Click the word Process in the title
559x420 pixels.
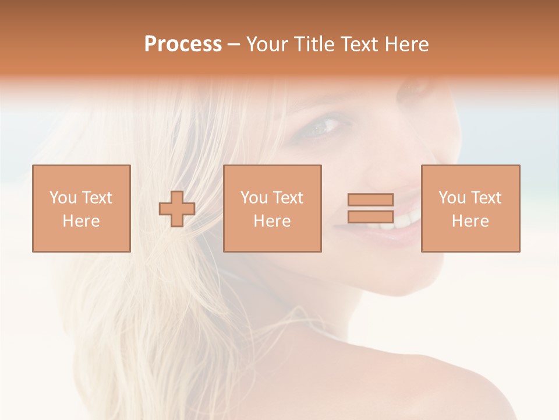point(183,44)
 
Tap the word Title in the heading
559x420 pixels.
point(313,44)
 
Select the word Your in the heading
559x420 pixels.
point(267,44)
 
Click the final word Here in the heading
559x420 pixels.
point(406,44)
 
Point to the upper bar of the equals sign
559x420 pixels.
point(370,199)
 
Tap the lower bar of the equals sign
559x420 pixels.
point(370,216)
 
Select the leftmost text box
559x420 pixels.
point(82,208)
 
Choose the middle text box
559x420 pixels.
point(272,208)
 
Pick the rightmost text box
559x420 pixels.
point(470,208)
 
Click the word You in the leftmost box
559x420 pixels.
point(63,198)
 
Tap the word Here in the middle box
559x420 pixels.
point(272,221)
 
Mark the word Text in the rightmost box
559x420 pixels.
point(485,198)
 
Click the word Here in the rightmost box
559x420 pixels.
point(470,221)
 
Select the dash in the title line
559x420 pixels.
point(233,44)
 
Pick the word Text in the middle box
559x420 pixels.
point(287,198)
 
